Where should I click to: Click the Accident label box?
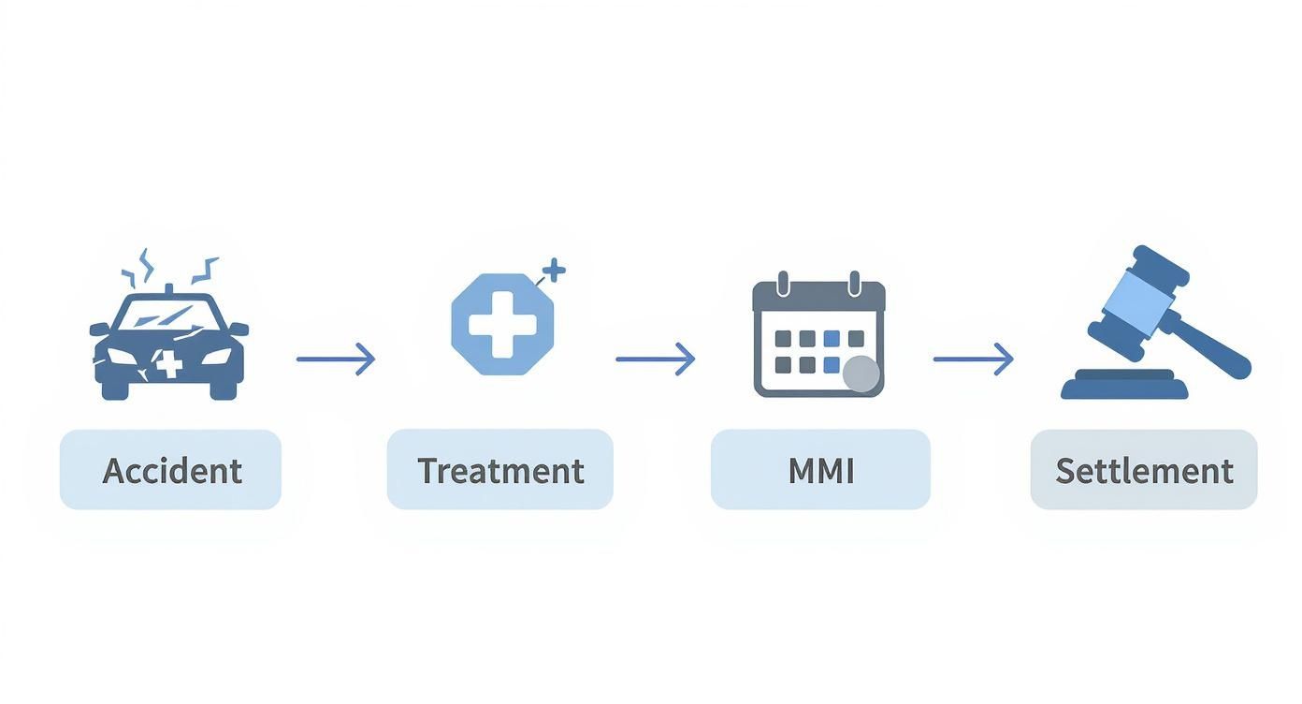click(170, 470)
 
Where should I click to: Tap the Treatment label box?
click(499, 470)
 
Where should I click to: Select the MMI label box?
click(820, 470)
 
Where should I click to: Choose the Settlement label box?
click(1143, 470)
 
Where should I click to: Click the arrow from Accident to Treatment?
click(336, 359)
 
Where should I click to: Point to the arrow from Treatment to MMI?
click(655, 359)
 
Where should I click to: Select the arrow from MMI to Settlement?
click(973, 359)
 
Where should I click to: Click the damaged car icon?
click(169, 342)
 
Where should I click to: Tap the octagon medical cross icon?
click(501, 324)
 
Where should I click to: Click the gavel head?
click(1136, 301)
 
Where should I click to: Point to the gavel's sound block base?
click(1123, 385)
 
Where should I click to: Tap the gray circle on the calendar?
click(861, 374)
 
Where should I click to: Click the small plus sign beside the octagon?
click(554, 271)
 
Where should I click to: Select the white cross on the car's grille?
click(168, 363)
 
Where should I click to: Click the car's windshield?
click(169, 315)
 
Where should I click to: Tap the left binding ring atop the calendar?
click(784, 283)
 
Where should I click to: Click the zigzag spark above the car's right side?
click(204, 269)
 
